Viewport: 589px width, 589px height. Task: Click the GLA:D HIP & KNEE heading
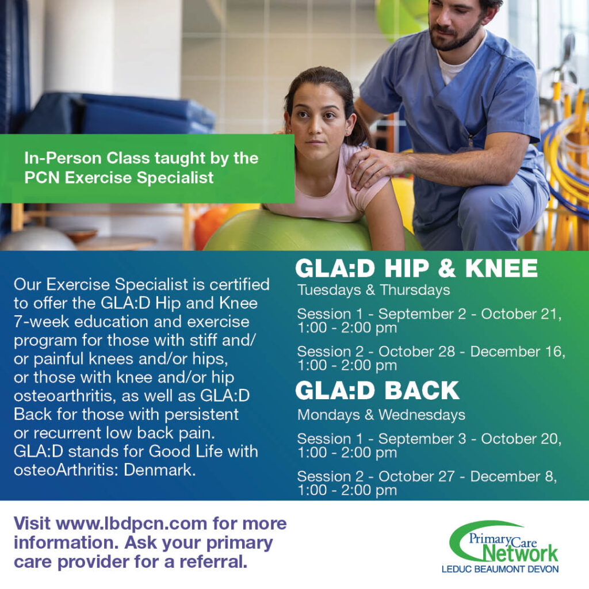click(x=416, y=268)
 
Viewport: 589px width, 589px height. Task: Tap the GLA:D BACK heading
click(x=377, y=391)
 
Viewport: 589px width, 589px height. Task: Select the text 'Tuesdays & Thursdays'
click(x=374, y=290)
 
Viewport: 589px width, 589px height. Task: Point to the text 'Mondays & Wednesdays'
click(x=381, y=415)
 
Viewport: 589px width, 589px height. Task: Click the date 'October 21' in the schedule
click(x=521, y=314)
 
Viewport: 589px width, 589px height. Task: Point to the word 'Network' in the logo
click(x=520, y=553)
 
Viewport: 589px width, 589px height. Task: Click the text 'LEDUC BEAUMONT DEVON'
click(x=500, y=569)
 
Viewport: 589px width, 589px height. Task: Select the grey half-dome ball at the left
click(x=37, y=240)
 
